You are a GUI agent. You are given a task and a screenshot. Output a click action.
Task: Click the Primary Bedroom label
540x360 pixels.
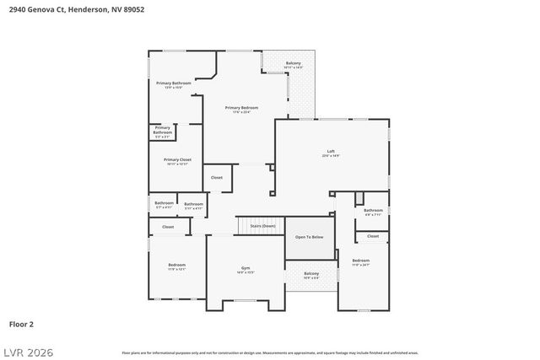click(x=241, y=109)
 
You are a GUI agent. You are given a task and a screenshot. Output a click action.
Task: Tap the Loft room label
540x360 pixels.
click(x=331, y=153)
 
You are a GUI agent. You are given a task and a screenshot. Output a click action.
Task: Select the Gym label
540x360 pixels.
click(x=246, y=269)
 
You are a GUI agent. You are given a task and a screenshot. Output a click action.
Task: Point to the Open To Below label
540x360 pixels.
click(x=309, y=237)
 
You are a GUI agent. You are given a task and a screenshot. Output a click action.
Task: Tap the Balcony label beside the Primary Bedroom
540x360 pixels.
click(x=293, y=64)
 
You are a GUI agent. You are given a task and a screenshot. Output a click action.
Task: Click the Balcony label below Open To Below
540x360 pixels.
click(x=311, y=274)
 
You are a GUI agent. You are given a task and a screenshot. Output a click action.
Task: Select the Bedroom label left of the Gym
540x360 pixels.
click(x=176, y=266)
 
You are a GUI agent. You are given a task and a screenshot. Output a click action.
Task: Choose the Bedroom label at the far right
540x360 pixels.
click(x=360, y=261)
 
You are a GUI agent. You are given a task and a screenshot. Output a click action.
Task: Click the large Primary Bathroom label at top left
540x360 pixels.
click(x=174, y=83)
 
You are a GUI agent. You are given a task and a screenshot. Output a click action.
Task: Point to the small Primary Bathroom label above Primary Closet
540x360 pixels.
click(x=162, y=130)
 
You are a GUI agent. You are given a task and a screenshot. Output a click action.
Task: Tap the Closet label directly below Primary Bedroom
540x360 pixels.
click(x=217, y=177)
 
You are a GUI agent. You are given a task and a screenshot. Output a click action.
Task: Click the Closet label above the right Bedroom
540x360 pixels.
click(x=373, y=236)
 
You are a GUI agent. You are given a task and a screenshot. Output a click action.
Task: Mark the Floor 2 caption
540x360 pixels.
click(x=21, y=323)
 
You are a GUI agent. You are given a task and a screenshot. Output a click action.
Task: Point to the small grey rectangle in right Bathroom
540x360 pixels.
click(x=359, y=197)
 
